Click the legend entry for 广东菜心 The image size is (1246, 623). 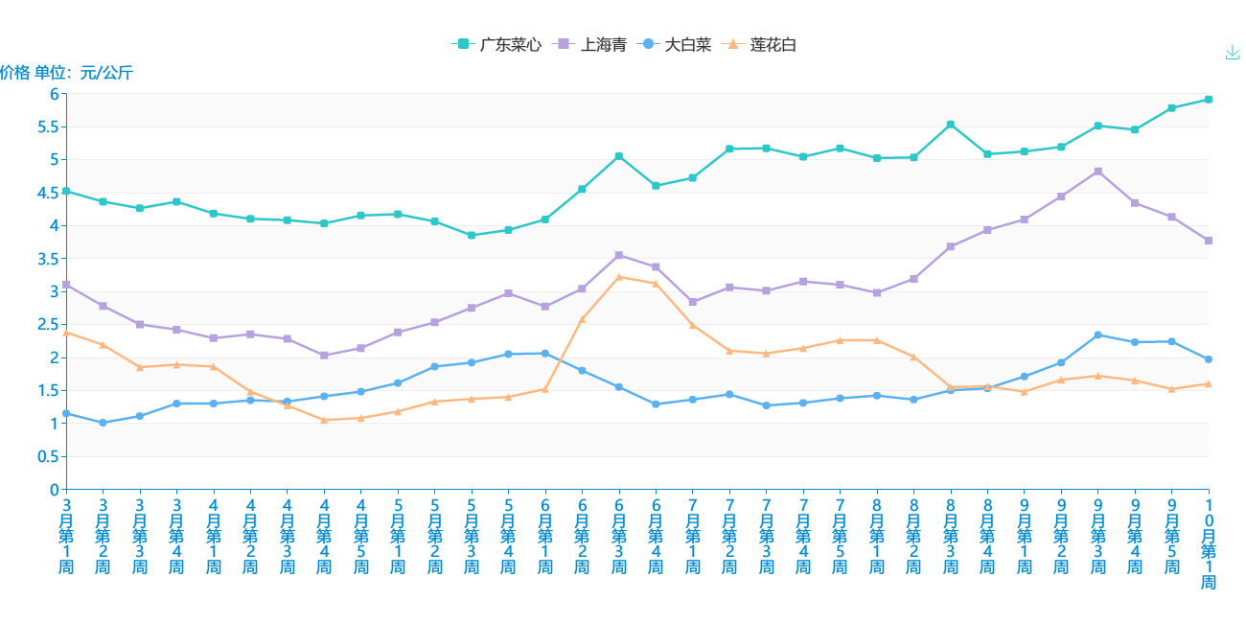click(x=496, y=45)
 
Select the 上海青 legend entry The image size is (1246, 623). click(x=591, y=45)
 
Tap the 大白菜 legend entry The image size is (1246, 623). click(x=677, y=45)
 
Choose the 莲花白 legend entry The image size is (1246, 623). click(x=762, y=45)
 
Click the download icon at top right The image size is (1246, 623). click(x=1233, y=53)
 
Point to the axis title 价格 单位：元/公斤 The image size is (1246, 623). click(x=66, y=73)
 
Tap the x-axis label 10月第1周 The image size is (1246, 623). click(x=1209, y=542)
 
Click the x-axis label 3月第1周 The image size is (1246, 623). click(x=66, y=535)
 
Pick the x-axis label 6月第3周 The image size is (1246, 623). click(x=619, y=535)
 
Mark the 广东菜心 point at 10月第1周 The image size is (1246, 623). click(x=1209, y=100)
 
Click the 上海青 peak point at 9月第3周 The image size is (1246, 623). click(x=1098, y=172)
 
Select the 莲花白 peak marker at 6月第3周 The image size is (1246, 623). click(x=619, y=277)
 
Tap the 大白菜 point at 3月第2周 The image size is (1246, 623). click(x=103, y=423)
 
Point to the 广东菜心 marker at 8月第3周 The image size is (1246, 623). click(x=951, y=125)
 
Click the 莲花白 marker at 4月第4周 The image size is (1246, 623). click(x=324, y=420)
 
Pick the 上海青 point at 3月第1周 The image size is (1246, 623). click(x=66, y=285)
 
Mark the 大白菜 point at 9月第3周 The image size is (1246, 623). click(x=1098, y=335)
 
